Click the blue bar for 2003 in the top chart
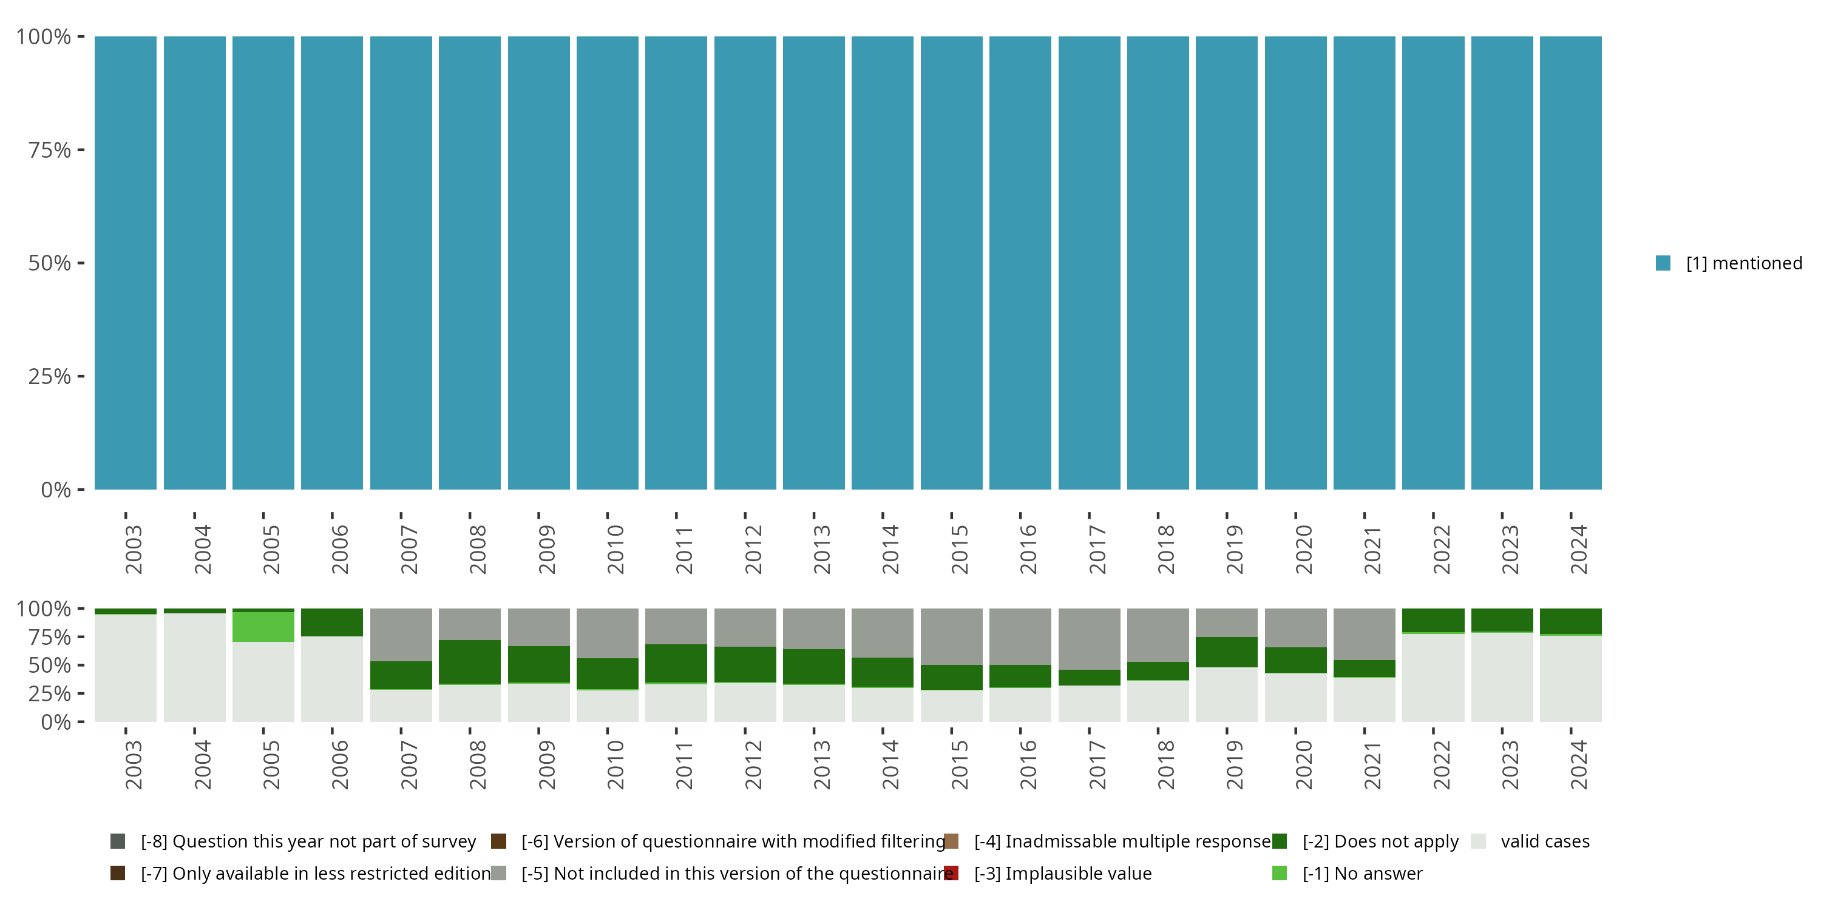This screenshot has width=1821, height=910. click(x=126, y=263)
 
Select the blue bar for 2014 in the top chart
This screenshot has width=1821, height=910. click(x=882, y=263)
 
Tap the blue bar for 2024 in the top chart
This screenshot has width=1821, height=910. click(x=1571, y=263)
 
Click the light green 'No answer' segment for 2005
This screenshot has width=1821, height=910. click(x=263, y=627)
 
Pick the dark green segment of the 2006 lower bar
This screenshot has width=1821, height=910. click(x=331, y=622)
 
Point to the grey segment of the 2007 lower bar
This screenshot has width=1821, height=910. click(x=401, y=635)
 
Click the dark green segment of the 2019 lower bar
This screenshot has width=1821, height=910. click(x=1227, y=652)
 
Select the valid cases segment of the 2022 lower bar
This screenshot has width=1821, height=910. click(x=1433, y=678)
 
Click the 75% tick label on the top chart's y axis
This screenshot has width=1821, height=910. click(x=50, y=150)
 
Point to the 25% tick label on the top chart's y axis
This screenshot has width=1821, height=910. click(x=50, y=377)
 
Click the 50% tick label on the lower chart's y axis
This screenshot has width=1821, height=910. click(x=50, y=666)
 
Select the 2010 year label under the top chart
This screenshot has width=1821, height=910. click(x=615, y=549)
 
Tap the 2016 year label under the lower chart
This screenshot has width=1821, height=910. click(x=1028, y=764)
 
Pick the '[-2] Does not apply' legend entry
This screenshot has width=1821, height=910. click(x=1380, y=841)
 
